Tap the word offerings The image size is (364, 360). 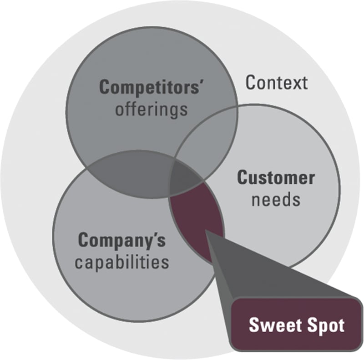pyautogui.click(x=151, y=110)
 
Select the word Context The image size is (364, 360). pyautogui.click(x=277, y=83)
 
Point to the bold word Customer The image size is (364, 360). pyautogui.click(x=276, y=178)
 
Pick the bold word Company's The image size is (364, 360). pyautogui.click(x=122, y=240)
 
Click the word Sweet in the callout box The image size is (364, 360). pyautogui.click(x=271, y=325)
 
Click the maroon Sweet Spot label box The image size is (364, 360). pyautogui.click(x=296, y=325)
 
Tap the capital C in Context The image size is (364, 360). pyautogui.click(x=251, y=83)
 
